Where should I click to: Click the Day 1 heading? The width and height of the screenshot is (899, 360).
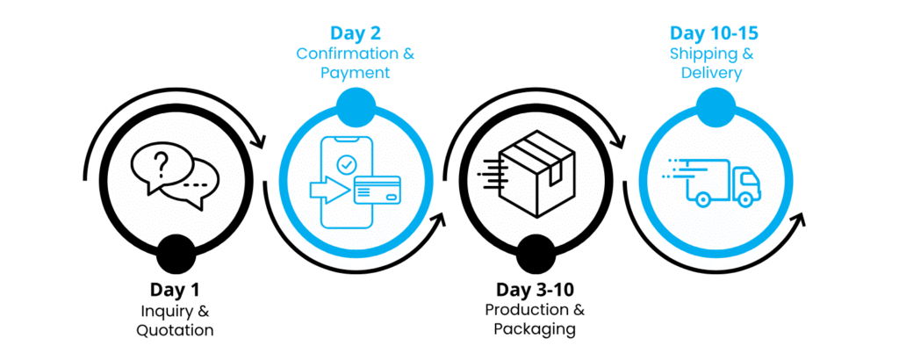click(x=175, y=290)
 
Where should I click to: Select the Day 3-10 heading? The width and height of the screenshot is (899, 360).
click(x=535, y=290)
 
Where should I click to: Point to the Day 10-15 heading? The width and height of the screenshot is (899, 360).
click(x=715, y=33)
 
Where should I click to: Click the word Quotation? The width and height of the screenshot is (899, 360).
click(x=175, y=330)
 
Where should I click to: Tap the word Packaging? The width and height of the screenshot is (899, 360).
click(x=535, y=330)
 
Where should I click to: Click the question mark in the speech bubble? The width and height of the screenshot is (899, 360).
click(x=160, y=162)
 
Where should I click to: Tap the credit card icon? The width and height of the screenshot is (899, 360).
click(x=377, y=190)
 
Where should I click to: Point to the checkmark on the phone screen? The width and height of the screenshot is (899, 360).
click(x=348, y=163)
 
